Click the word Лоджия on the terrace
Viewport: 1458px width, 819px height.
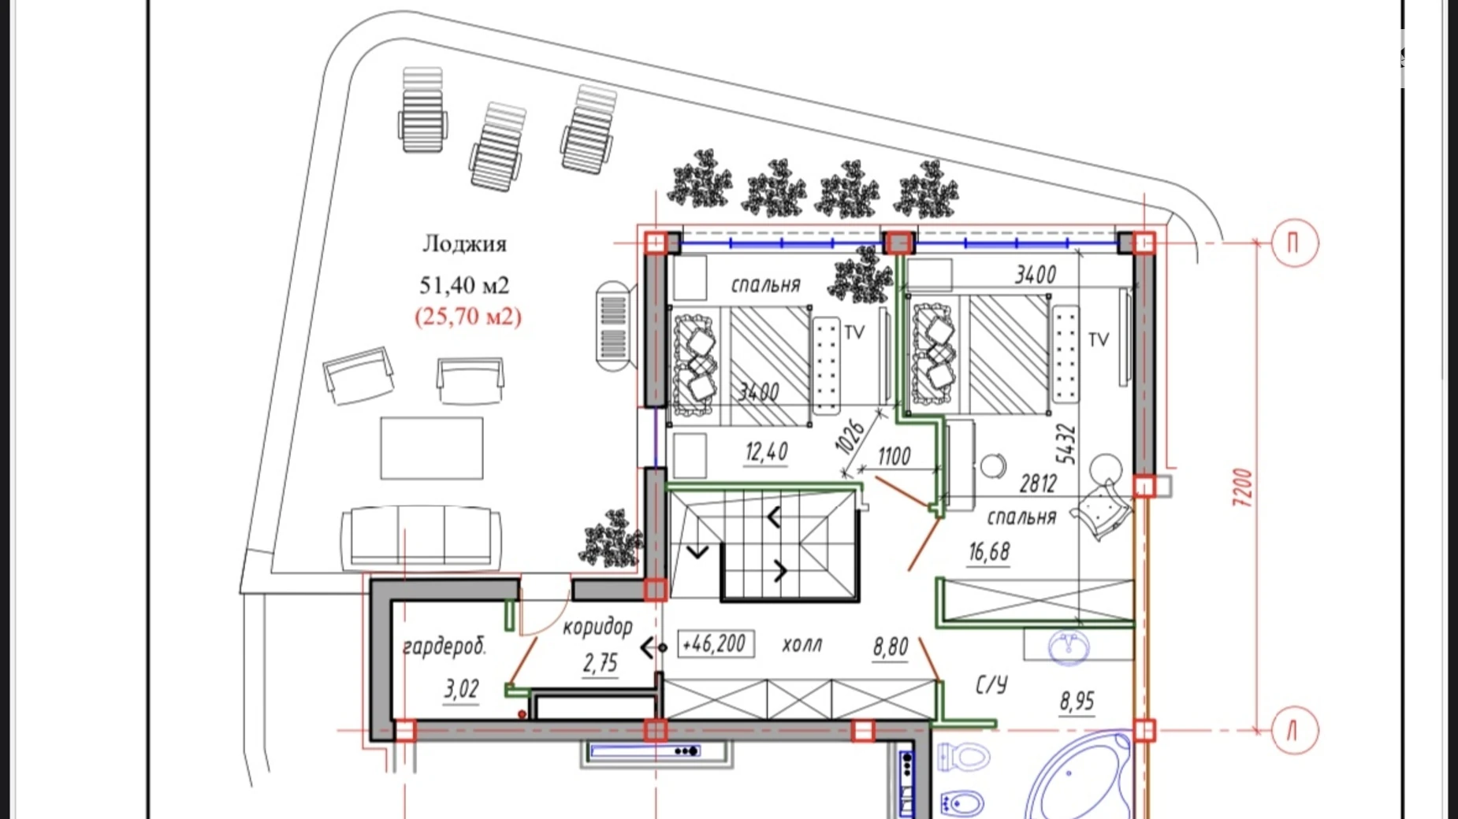click(464, 244)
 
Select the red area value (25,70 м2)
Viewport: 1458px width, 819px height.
click(468, 316)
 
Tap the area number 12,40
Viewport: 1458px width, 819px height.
click(766, 451)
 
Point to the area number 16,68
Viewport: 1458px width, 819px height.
click(989, 552)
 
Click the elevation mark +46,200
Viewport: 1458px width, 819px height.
click(715, 643)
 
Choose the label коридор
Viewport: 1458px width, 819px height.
click(597, 628)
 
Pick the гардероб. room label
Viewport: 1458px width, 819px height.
click(444, 647)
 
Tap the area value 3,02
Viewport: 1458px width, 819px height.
click(461, 689)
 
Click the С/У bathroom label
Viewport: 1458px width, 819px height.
click(991, 685)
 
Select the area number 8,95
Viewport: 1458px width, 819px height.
click(1077, 701)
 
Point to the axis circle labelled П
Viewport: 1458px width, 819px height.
click(1294, 243)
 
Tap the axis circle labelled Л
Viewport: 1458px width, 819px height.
click(1294, 731)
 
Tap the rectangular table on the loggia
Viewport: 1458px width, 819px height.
click(432, 448)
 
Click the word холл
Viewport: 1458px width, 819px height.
click(802, 644)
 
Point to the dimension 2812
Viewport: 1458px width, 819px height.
click(1037, 484)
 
